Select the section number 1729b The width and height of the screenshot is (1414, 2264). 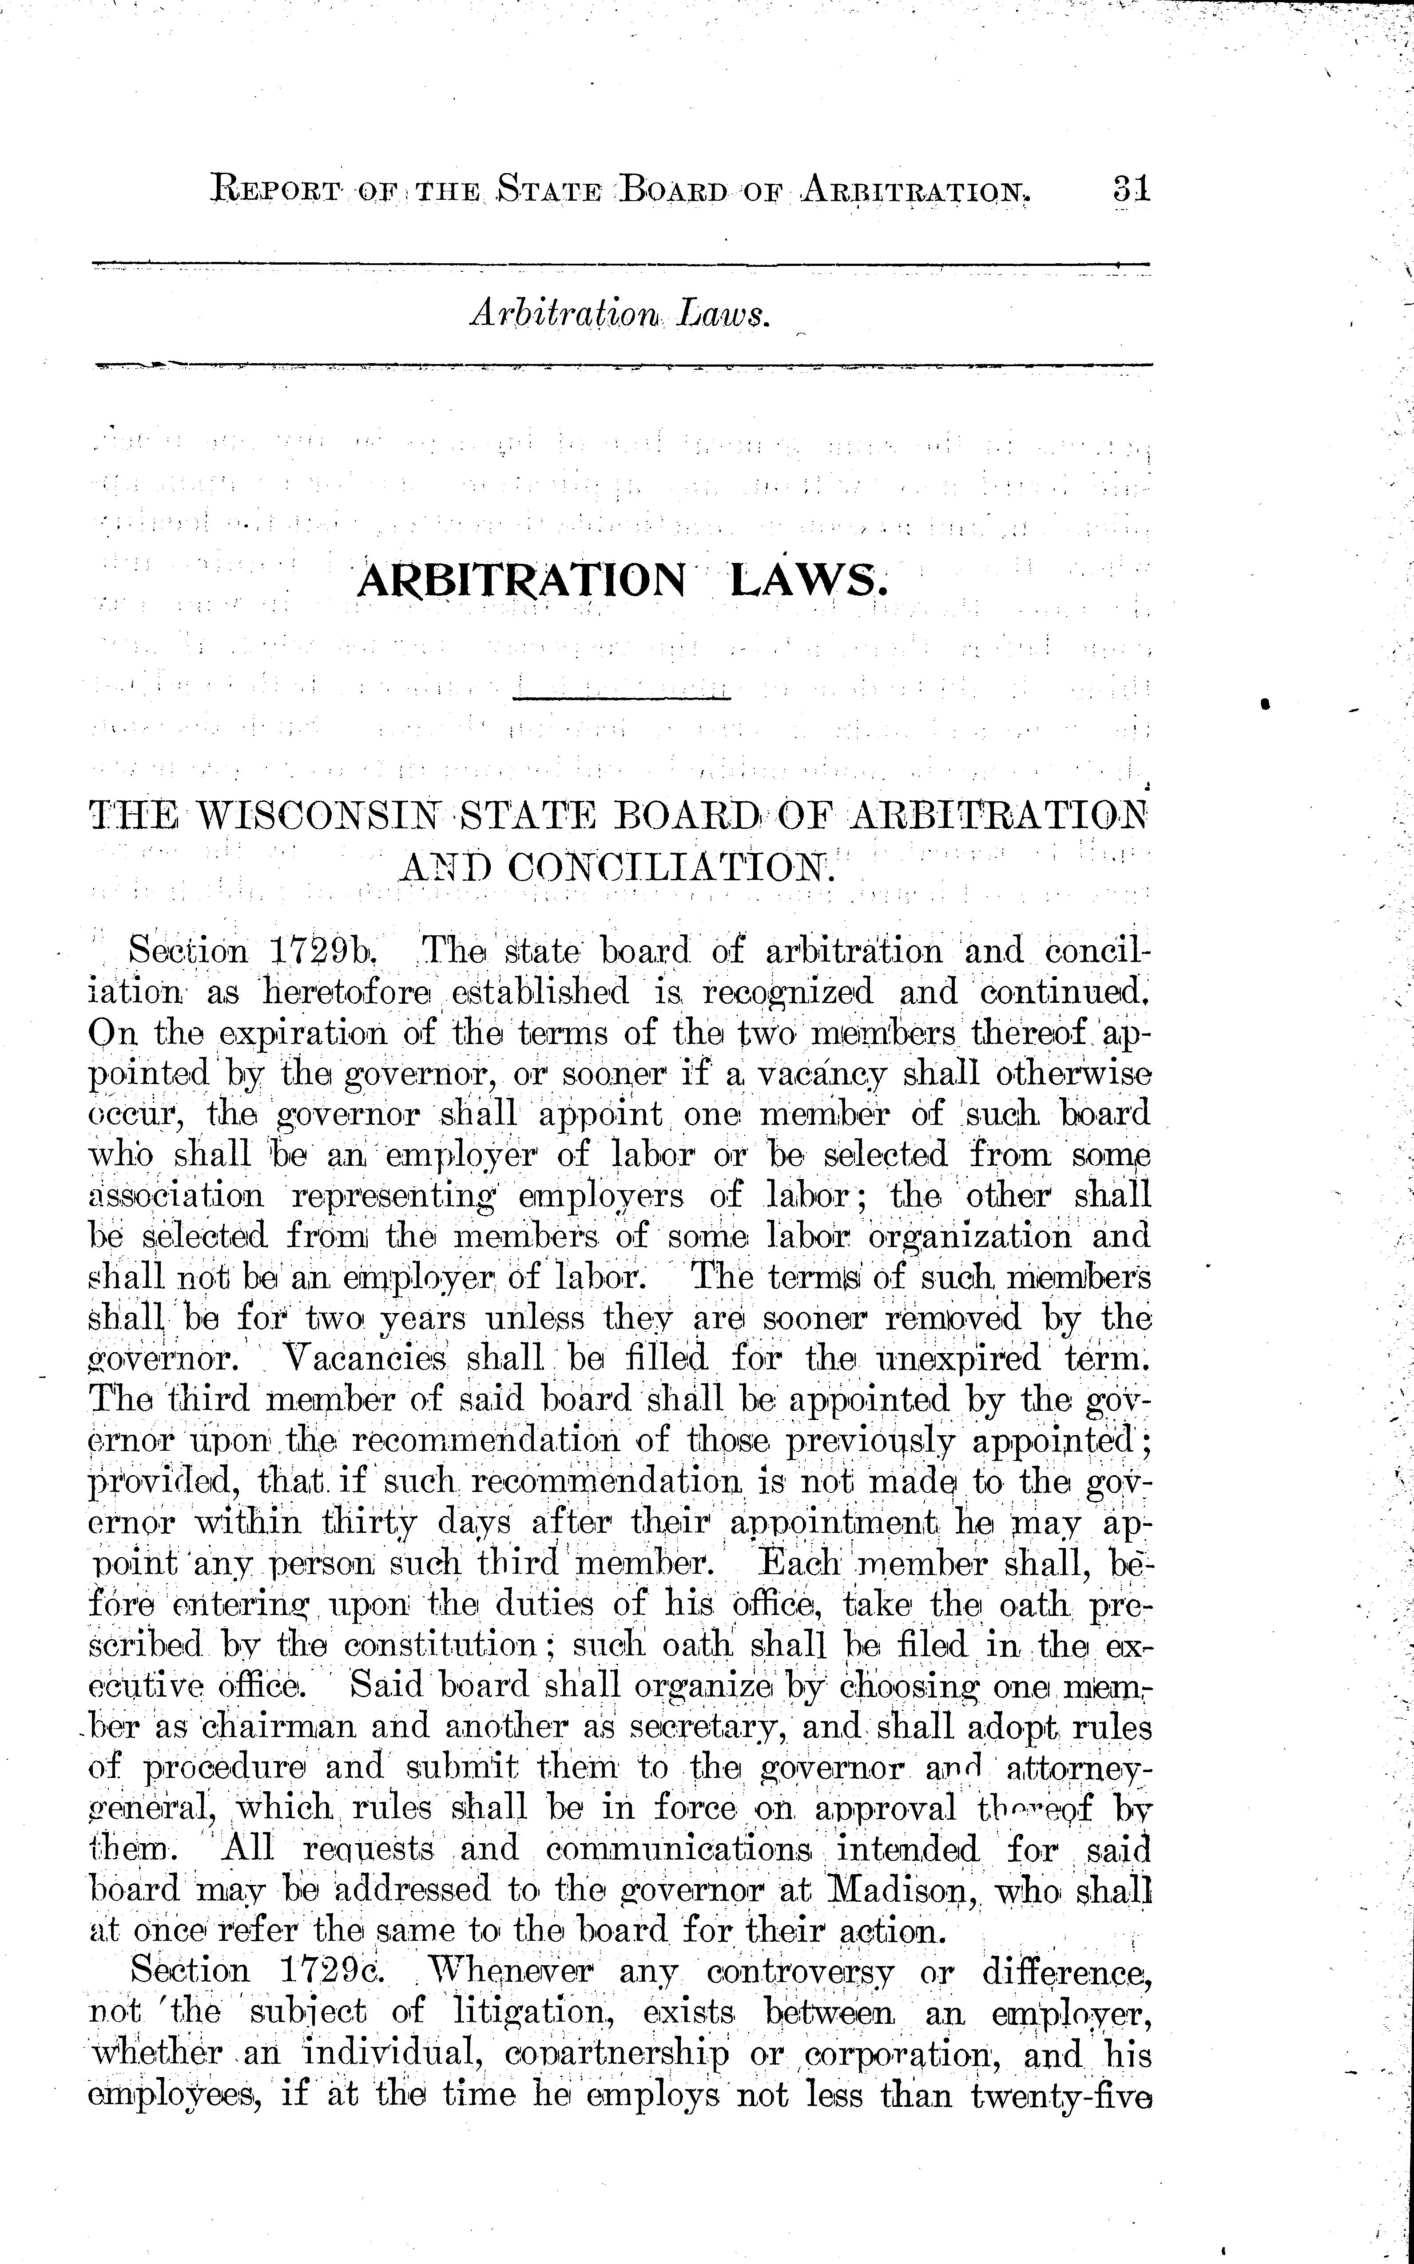(323, 952)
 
